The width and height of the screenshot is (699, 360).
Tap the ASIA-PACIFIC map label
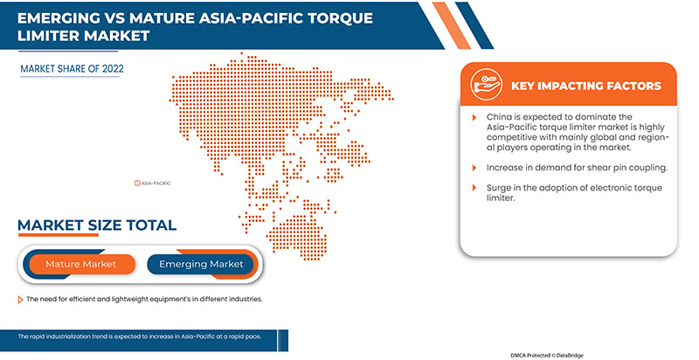coord(156,183)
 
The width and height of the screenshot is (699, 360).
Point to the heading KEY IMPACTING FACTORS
coord(585,86)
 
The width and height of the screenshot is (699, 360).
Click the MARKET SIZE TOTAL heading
coord(97,225)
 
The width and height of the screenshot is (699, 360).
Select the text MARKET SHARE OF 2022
coord(73,67)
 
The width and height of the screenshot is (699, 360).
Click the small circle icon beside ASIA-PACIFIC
coord(136,183)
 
